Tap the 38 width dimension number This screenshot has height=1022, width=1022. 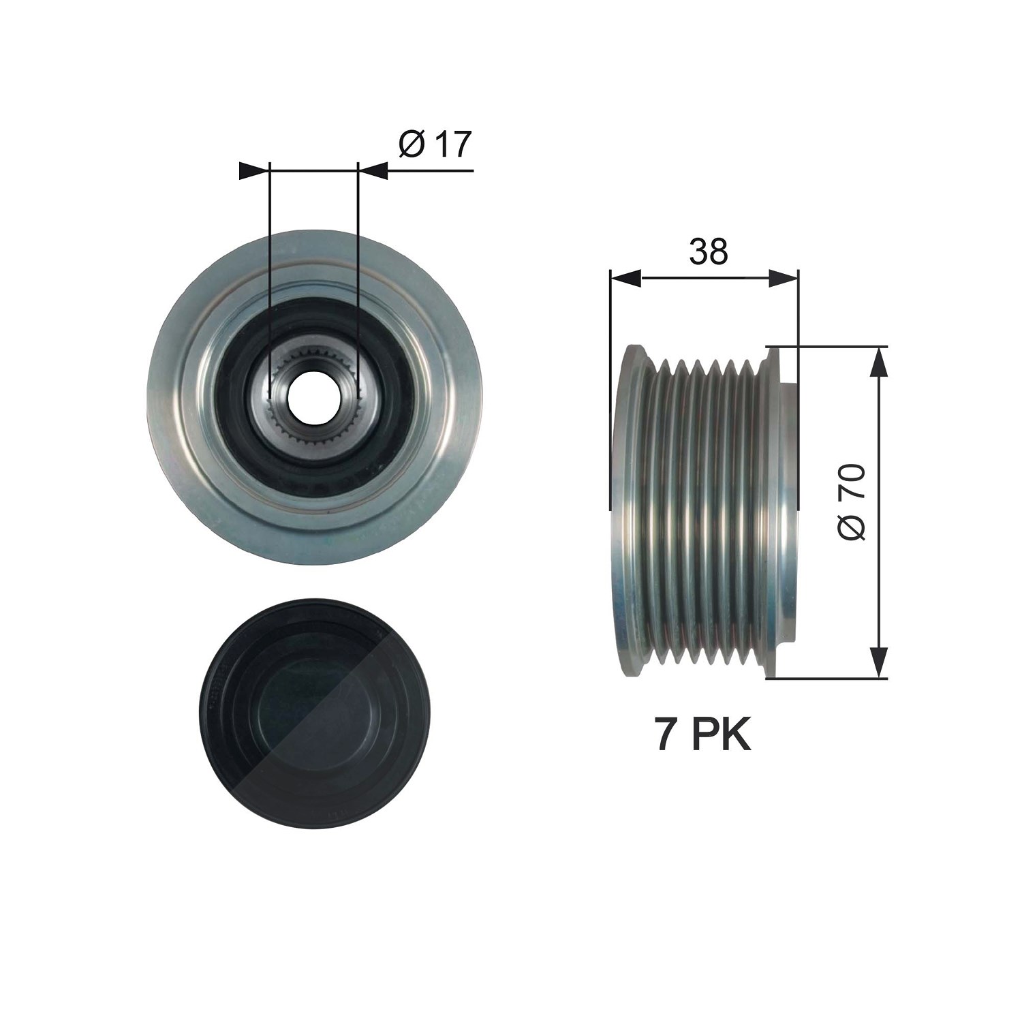[709, 251]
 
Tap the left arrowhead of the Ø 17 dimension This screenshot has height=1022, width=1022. [255, 170]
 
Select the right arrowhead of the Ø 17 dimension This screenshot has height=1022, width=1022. [373, 170]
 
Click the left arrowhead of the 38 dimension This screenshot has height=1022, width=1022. [626, 277]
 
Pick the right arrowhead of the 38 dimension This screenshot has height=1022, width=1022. [783, 277]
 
